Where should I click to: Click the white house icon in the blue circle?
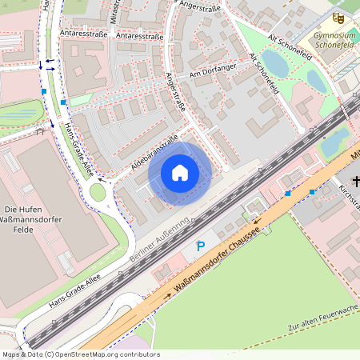[x=180, y=173]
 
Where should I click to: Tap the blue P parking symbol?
[x=201, y=247]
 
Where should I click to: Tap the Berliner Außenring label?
[x=159, y=239]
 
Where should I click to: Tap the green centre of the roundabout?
[x=97, y=192]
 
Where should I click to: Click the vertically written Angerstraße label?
[x=173, y=91]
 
